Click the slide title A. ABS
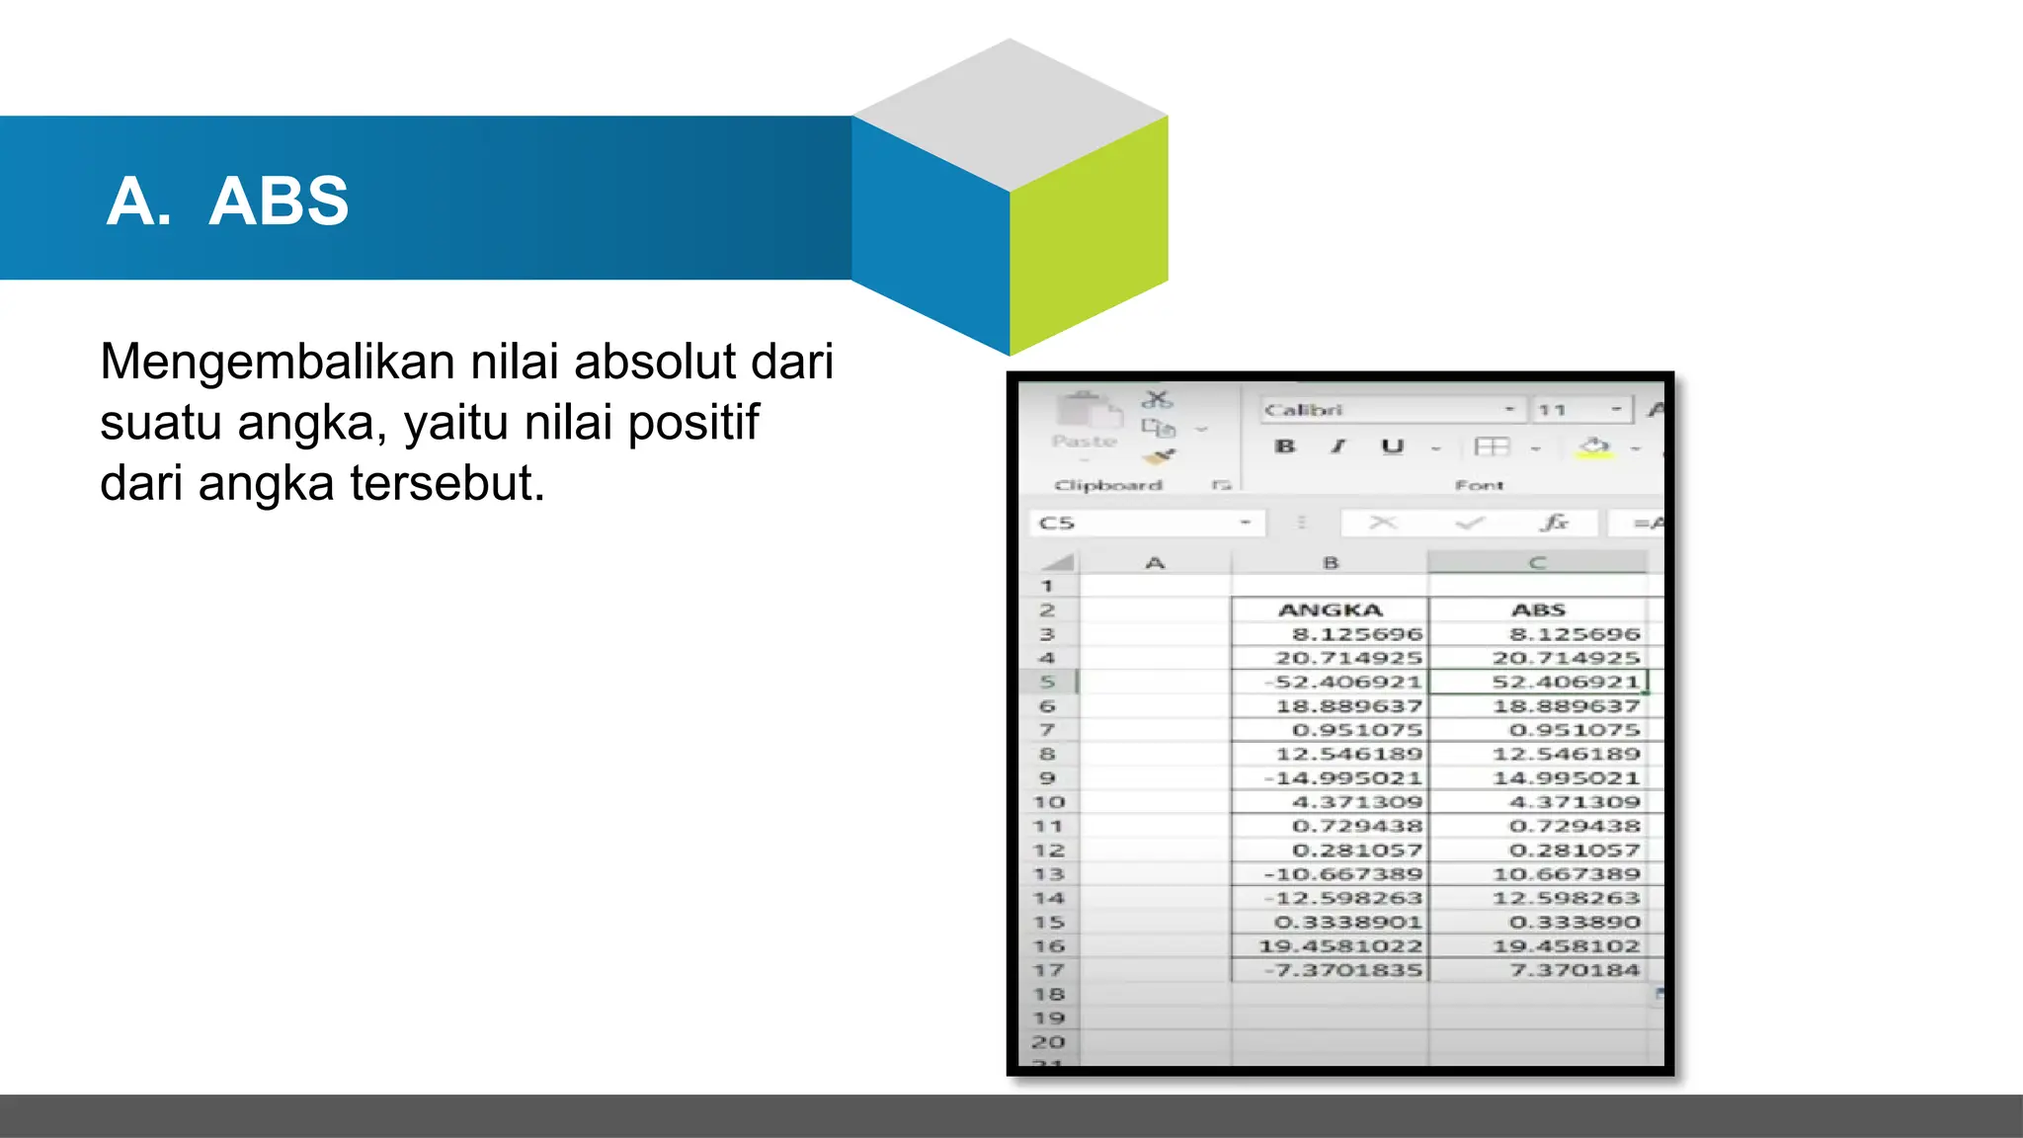[227, 201]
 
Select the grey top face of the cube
[1010, 114]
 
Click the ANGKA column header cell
[1330, 610]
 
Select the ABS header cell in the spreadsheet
[1538, 610]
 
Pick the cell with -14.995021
[1343, 778]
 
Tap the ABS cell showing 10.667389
[1566, 874]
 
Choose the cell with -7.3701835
[1343, 970]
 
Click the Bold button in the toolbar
[1285, 447]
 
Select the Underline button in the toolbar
[1392, 447]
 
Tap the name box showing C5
[1136, 523]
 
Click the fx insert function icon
[1555, 523]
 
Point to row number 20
[1048, 1042]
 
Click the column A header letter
[1155, 563]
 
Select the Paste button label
[1084, 442]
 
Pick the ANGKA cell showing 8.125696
[1356, 634]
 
